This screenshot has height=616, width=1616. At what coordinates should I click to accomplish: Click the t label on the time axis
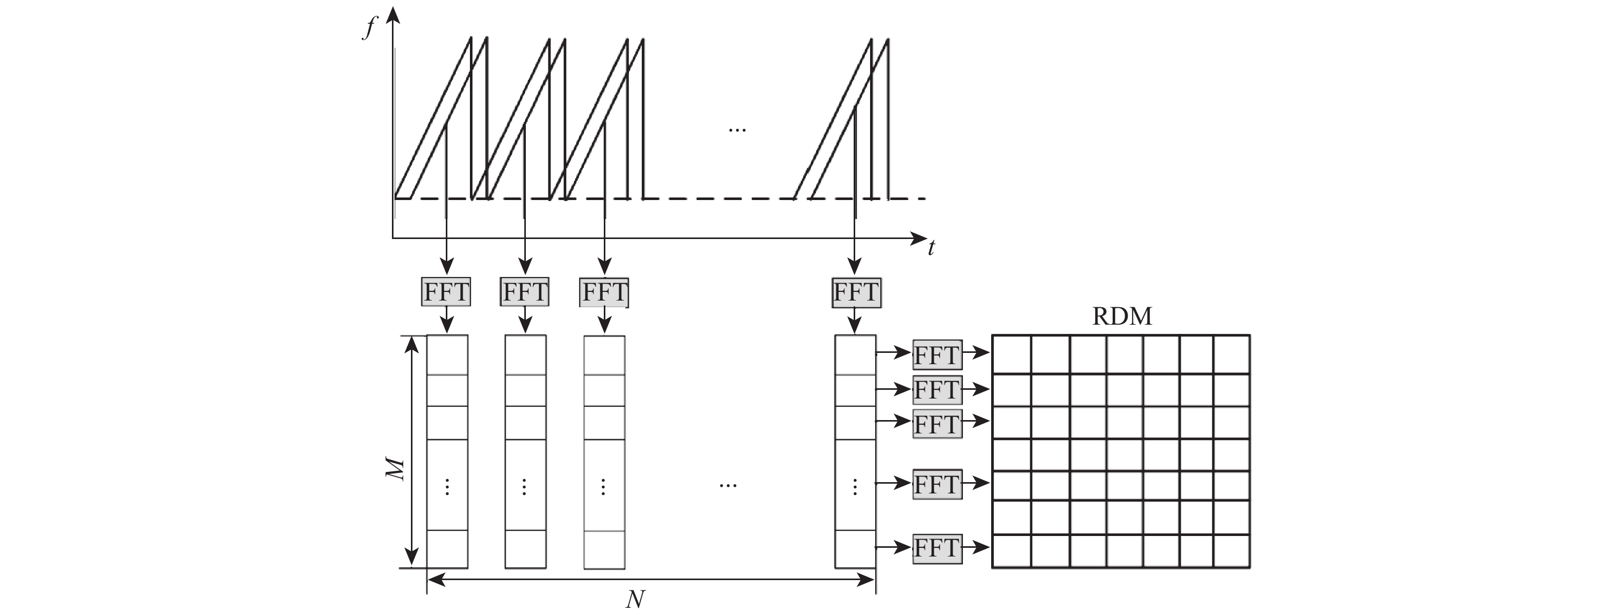click(x=932, y=248)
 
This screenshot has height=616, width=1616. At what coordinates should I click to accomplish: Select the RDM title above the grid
click(x=1121, y=316)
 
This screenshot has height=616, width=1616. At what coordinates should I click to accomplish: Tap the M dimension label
click(x=395, y=469)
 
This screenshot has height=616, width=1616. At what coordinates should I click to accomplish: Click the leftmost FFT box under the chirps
click(x=446, y=292)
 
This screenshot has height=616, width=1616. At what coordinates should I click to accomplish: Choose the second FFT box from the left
click(x=524, y=292)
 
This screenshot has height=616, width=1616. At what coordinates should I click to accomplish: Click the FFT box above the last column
click(x=856, y=292)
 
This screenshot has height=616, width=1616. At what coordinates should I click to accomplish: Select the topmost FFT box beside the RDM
click(x=937, y=355)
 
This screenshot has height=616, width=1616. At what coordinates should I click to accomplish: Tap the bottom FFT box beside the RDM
click(x=937, y=548)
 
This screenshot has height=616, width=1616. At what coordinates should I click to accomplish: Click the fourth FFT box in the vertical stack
click(x=937, y=484)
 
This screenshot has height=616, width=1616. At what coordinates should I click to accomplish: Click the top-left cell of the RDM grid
click(x=1012, y=354)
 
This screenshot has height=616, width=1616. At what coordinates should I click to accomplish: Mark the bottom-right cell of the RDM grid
click(x=1231, y=551)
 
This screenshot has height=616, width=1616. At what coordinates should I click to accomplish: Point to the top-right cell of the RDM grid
click(x=1231, y=354)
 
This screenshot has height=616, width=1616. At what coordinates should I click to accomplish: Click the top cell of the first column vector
click(x=447, y=355)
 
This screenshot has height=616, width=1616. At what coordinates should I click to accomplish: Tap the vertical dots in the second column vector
click(x=524, y=487)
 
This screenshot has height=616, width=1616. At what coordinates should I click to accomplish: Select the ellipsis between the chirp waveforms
click(x=737, y=130)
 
